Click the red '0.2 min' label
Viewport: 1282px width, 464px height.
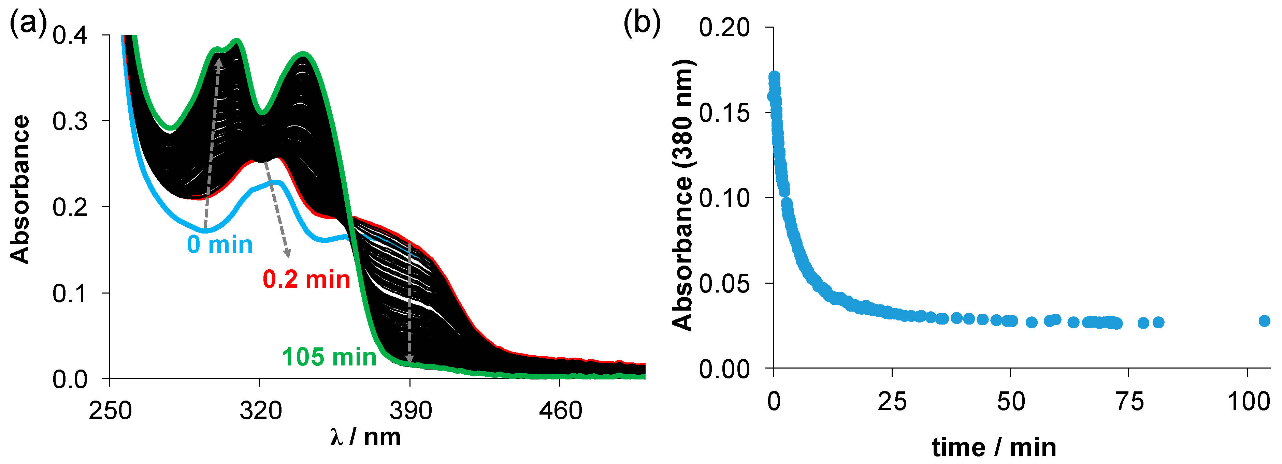pyautogui.click(x=306, y=280)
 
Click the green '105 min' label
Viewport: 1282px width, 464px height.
pyautogui.click(x=329, y=357)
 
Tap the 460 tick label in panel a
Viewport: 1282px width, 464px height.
pyautogui.click(x=560, y=411)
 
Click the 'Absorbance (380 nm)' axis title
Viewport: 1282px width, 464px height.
pyautogui.click(x=683, y=195)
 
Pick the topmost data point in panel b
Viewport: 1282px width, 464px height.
pyautogui.click(x=774, y=77)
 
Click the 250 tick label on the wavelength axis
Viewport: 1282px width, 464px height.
pyautogui.click(x=110, y=411)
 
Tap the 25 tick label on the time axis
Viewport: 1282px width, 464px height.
pyautogui.click(x=892, y=401)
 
